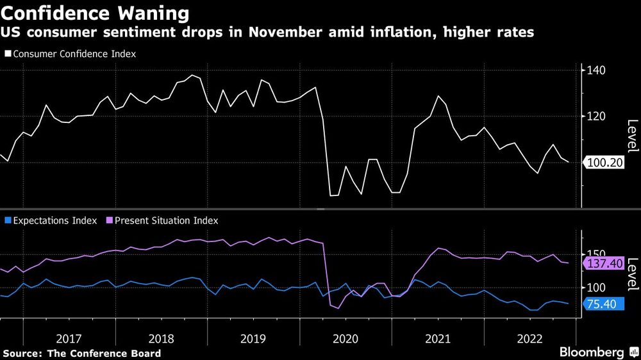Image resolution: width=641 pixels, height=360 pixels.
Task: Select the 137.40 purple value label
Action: coord(604,263)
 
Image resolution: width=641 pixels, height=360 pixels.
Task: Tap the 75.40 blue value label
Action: coord(601,304)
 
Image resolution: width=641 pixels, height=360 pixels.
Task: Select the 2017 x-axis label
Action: coord(69,338)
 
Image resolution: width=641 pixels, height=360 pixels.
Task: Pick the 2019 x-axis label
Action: coord(253,338)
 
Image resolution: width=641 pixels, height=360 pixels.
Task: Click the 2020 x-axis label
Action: coord(345,338)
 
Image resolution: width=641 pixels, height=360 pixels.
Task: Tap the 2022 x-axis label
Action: coord(530,338)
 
